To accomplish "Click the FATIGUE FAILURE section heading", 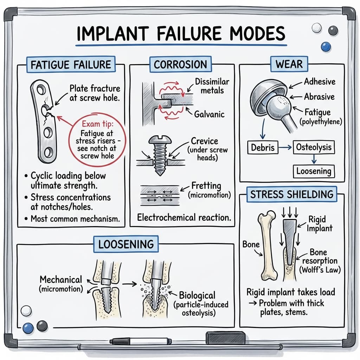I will [x=71, y=65].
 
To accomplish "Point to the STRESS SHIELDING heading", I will [x=291, y=194].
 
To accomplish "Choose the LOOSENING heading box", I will [x=126, y=244].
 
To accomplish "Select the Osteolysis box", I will [x=314, y=147].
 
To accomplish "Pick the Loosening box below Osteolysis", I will [x=314, y=172].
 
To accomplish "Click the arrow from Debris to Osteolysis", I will [x=286, y=148].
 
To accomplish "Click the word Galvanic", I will [x=209, y=114].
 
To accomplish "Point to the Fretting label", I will [x=206, y=186].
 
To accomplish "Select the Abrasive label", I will [x=319, y=97].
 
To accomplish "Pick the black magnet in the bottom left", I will [x=42, y=326].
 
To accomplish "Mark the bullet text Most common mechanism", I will [x=75, y=218].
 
